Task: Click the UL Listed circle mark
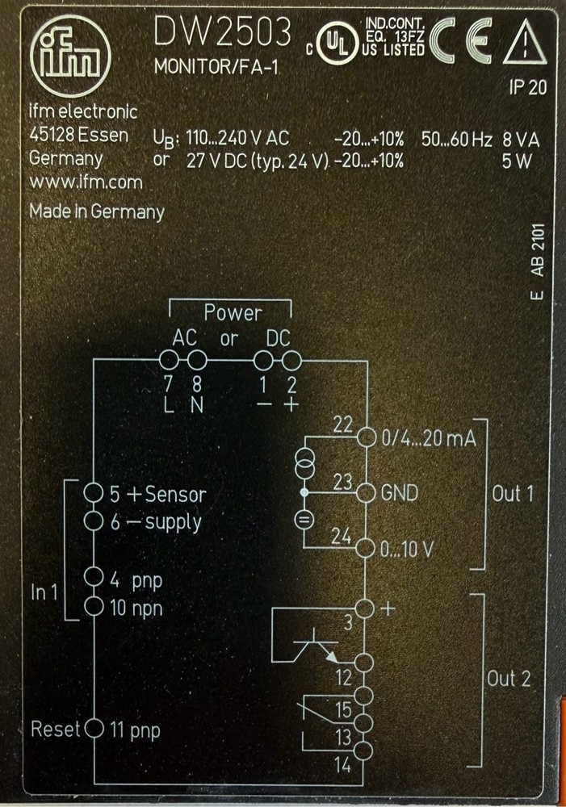(333, 41)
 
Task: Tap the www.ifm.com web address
(86, 183)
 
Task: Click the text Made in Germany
(97, 211)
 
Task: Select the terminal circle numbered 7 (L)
(169, 360)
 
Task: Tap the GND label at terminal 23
(399, 492)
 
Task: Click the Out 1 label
(513, 493)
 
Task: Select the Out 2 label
(509, 679)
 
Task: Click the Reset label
(56, 730)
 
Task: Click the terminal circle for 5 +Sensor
(94, 492)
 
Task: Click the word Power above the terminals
(233, 312)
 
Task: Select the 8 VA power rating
(520, 138)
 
